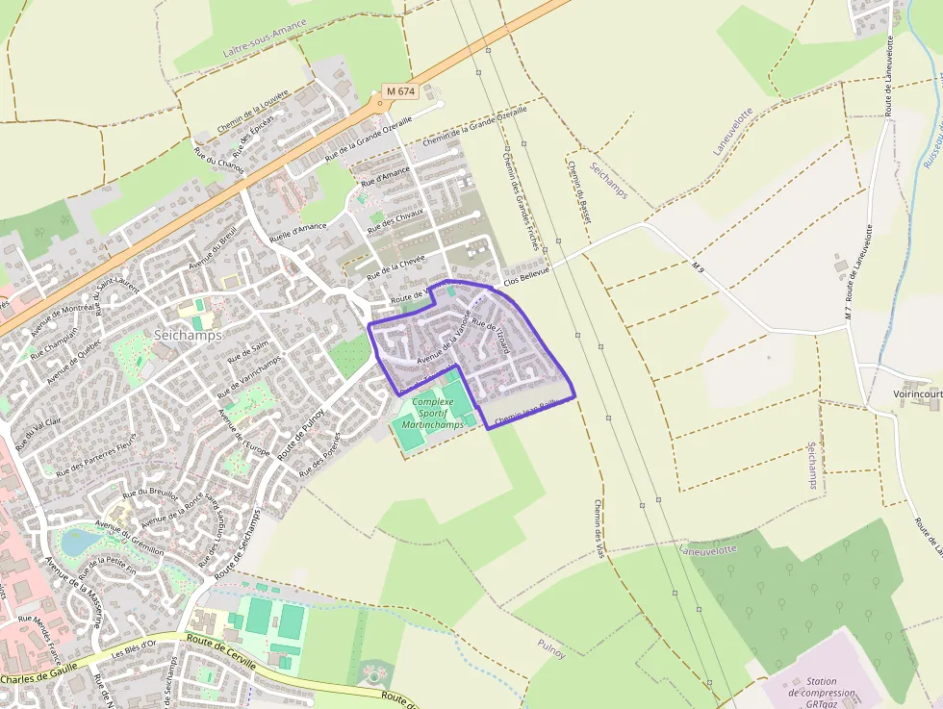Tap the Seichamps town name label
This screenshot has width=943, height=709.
(188, 335)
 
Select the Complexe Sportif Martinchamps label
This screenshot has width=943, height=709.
(438, 413)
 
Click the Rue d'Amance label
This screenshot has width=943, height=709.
(385, 177)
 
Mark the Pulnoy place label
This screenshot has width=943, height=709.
(552, 649)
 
